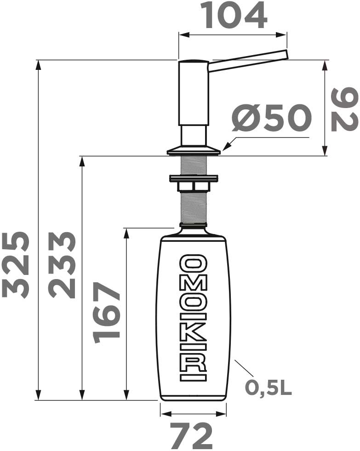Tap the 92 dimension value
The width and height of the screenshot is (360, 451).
[x=344, y=110]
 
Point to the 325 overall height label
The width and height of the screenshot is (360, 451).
[x=16, y=264]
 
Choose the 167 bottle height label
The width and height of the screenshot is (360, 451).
[x=107, y=313]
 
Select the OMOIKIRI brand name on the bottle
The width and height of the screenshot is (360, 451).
[x=193, y=318]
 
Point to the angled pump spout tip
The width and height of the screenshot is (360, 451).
[x=284, y=55]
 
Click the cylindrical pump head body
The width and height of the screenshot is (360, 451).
[x=193, y=92]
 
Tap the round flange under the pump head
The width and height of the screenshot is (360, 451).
[x=193, y=150]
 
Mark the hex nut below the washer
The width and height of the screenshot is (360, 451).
[x=193, y=186]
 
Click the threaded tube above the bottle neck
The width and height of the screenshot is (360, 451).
[x=193, y=207]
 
